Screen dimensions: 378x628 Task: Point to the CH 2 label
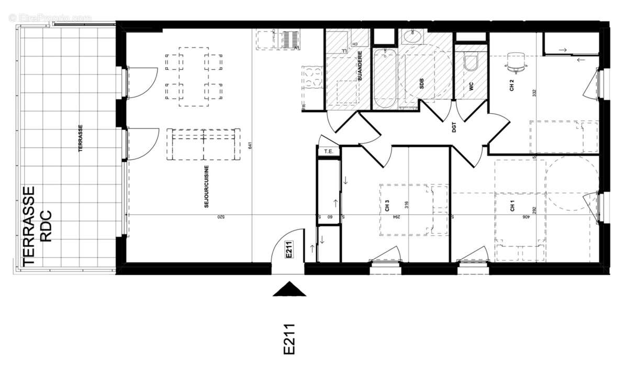(x=512, y=85)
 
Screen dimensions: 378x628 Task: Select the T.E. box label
(x=329, y=152)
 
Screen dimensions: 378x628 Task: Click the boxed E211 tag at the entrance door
(x=288, y=250)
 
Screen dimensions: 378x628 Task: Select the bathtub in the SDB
(x=385, y=79)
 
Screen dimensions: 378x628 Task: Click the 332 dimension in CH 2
(x=534, y=93)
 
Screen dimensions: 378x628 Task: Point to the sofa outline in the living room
(x=203, y=144)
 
